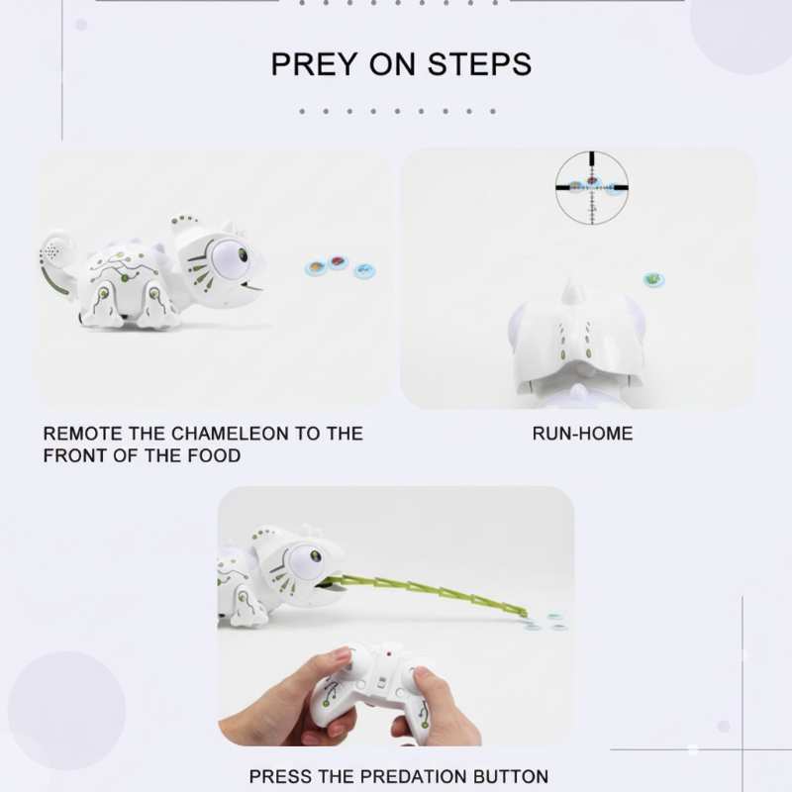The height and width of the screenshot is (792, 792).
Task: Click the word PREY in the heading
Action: [313, 64]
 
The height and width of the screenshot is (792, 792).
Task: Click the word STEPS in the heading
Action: [479, 64]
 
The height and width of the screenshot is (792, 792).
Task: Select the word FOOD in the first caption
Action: [214, 455]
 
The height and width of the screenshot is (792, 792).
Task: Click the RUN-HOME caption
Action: [582, 434]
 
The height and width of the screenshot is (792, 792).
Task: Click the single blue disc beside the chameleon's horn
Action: [653, 279]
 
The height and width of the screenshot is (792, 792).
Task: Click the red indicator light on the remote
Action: [389, 654]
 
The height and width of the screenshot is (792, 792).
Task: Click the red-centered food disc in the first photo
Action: [337, 262]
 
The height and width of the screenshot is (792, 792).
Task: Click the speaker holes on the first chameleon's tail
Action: [50, 249]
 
